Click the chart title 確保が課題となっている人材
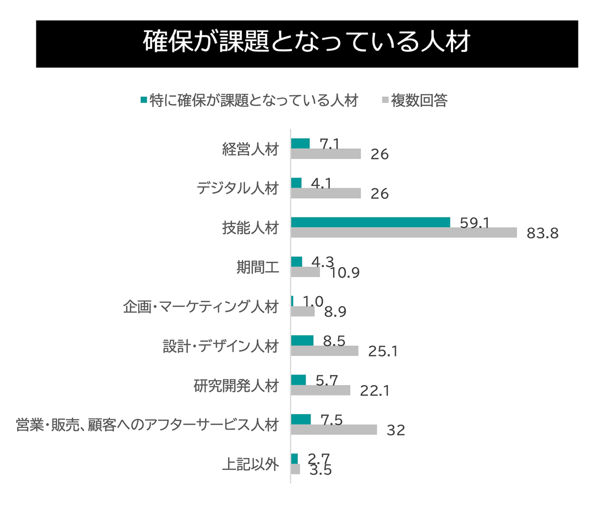[306, 42]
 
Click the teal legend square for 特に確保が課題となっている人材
[144, 100]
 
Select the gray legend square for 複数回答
[385, 100]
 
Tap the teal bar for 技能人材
[370, 222]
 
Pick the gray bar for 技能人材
[403, 232]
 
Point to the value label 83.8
[542, 233]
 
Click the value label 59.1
[474, 222]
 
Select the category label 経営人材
[250, 149]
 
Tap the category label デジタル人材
[237, 188]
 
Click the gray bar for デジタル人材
[325, 193]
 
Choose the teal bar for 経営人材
[300, 143]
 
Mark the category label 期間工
[257, 267]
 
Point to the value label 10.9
[344, 273]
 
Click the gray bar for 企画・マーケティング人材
[302, 311]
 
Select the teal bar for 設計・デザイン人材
[302, 340]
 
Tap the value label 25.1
[383, 351]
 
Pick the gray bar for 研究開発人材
[320, 390]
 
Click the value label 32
[395, 430]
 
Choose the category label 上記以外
[250, 464]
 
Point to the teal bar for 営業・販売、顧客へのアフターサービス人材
[300, 419]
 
